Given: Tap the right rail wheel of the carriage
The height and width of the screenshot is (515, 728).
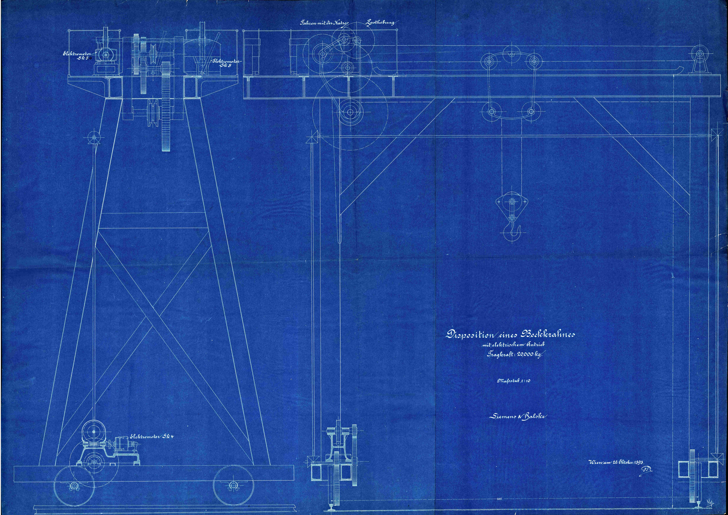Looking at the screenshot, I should pyautogui.click(x=233, y=485).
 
